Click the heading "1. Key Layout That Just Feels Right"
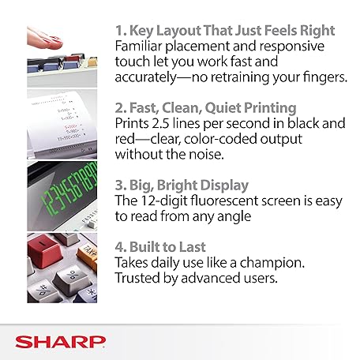[x=224, y=31]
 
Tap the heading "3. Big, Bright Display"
[x=181, y=185]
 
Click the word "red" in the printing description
[x=126, y=139]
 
